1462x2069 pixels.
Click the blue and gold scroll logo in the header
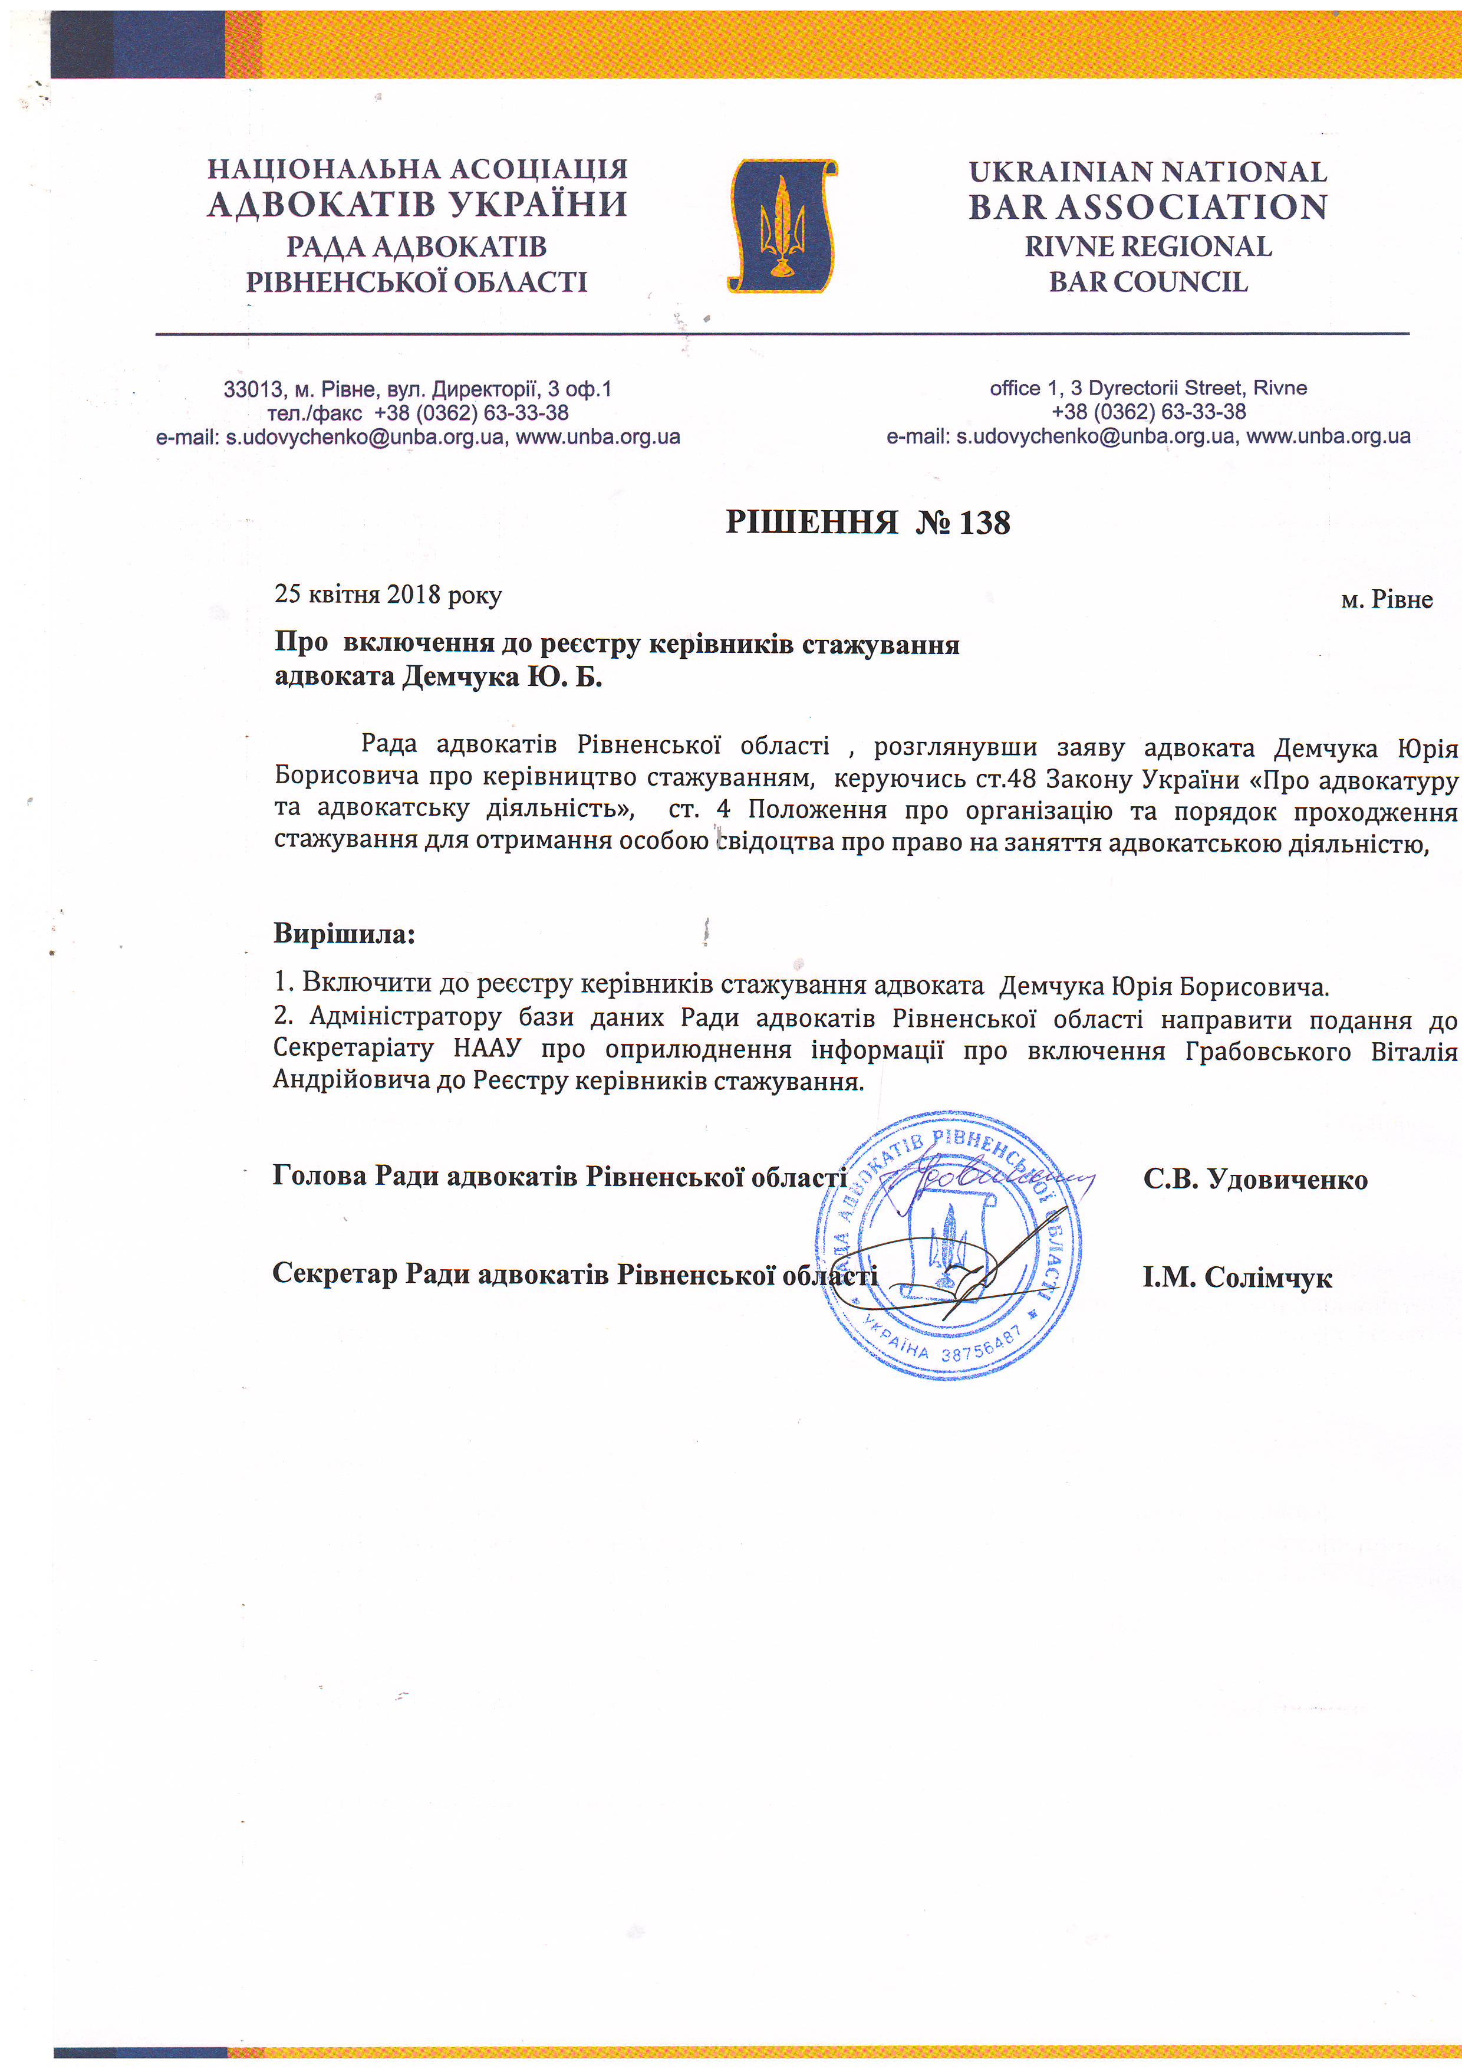point(782,226)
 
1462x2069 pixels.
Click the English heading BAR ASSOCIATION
point(1148,207)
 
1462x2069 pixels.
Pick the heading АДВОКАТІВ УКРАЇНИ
point(417,205)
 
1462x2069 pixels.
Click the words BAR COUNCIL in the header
point(1148,282)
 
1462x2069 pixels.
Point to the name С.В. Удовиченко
point(1255,1180)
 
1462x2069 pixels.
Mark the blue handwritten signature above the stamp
point(986,1181)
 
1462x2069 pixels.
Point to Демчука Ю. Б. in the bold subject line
point(501,676)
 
